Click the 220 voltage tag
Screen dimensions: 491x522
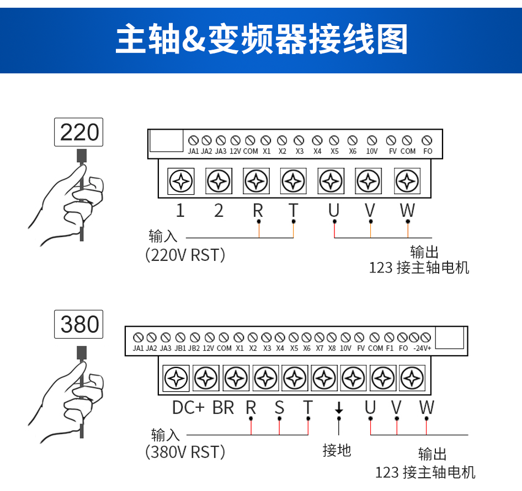click(x=79, y=132)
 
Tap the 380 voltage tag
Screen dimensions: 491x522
click(x=79, y=324)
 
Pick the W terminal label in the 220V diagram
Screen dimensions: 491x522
click(x=407, y=210)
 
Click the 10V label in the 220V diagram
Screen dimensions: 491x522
click(x=372, y=151)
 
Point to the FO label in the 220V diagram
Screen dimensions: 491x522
click(x=427, y=151)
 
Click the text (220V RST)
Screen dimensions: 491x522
click(x=185, y=255)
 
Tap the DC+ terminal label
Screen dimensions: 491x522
click(x=188, y=408)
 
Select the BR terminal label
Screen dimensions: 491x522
click(x=223, y=408)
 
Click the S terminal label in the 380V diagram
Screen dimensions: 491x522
click(x=279, y=408)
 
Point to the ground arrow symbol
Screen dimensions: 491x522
click(x=339, y=408)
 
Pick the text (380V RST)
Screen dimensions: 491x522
click(x=185, y=452)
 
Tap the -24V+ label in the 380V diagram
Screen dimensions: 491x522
click(x=422, y=348)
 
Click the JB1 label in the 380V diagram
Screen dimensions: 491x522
click(x=180, y=348)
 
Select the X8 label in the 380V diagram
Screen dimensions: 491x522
click(x=331, y=348)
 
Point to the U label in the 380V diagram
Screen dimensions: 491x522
click(x=370, y=408)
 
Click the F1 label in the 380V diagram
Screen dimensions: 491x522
click(x=390, y=348)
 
